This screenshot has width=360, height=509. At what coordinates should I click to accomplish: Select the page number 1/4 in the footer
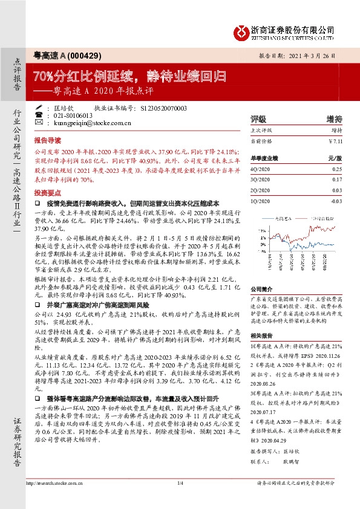click(x=180, y=499)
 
